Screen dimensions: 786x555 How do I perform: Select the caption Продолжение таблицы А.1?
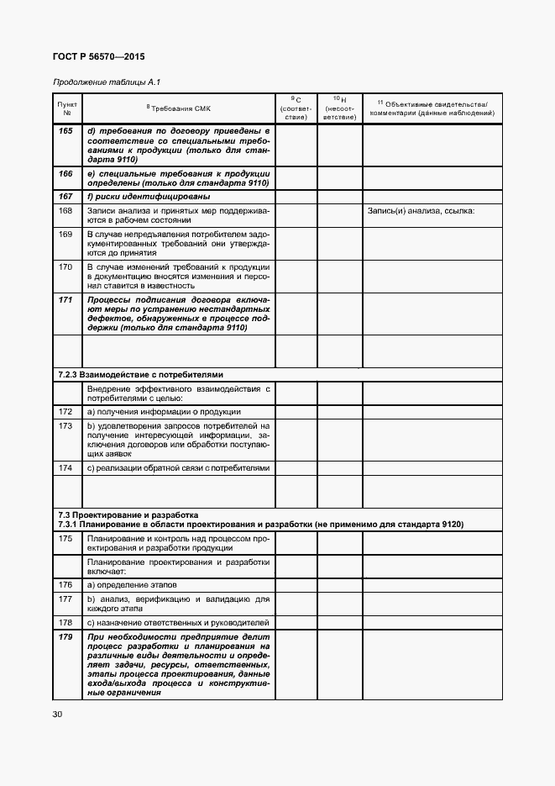(x=106, y=82)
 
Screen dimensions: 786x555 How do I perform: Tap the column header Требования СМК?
(x=179, y=109)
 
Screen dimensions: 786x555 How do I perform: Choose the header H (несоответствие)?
(x=339, y=108)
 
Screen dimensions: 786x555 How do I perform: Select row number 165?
(x=67, y=131)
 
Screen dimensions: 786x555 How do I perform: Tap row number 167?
(x=67, y=196)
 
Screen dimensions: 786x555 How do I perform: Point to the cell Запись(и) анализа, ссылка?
(x=421, y=210)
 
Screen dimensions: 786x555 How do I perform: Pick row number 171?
(x=67, y=299)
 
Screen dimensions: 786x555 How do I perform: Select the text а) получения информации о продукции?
(x=164, y=412)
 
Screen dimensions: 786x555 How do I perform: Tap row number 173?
(x=67, y=426)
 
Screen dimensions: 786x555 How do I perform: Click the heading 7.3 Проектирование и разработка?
(x=127, y=514)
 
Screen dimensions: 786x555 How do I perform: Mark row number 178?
(x=67, y=623)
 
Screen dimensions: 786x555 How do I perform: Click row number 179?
(x=67, y=638)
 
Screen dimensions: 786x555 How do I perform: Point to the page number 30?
(x=58, y=715)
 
